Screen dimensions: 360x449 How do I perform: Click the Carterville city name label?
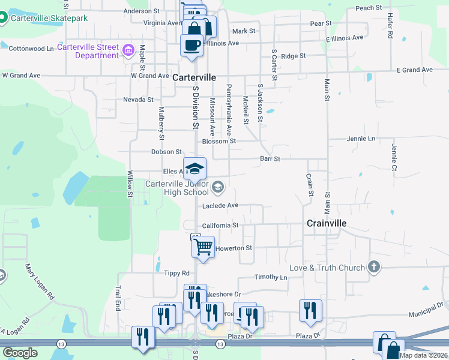tap(194, 78)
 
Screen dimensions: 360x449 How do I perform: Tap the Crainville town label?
tap(327, 223)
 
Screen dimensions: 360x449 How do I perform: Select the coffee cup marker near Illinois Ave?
tap(191, 45)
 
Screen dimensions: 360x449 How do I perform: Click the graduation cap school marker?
tap(194, 169)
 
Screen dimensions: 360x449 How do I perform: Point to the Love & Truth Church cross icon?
tap(373, 268)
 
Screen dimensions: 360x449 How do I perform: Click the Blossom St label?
tap(219, 142)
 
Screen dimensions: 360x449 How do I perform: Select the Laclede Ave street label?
tap(220, 205)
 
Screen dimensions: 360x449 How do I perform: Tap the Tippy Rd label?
tap(176, 273)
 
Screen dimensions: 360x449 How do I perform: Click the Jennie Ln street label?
tap(361, 139)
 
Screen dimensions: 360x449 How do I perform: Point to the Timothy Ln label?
tap(271, 277)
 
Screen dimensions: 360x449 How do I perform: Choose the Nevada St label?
tap(138, 100)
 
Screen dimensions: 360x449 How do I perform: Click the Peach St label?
tap(369, 8)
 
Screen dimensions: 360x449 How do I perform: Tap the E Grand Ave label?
tap(415, 70)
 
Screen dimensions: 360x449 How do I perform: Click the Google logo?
tap(20, 353)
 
